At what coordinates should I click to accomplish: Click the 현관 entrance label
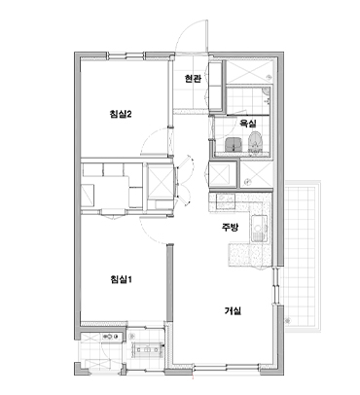click(x=193, y=79)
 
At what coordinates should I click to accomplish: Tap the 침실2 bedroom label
click(x=121, y=114)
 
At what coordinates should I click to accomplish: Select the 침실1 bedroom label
click(x=121, y=279)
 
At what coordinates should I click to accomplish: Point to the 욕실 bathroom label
click(x=248, y=124)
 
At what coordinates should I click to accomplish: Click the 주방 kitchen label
click(x=230, y=228)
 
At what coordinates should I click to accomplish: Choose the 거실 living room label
click(x=233, y=311)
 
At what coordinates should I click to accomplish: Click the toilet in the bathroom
click(x=255, y=143)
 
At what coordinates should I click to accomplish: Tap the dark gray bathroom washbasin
click(x=234, y=144)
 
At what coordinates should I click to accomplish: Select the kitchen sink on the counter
click(x=259, y=229)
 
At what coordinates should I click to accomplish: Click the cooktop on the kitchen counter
click(x=225, y=201)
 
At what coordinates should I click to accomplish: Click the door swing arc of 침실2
click(x=151, y=138)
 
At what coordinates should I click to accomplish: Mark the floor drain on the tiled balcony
click(x=287, y=321)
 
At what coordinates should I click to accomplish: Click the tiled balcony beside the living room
click(x=303, y=256)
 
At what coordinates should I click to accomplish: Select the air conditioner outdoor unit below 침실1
click(x=147, y=350)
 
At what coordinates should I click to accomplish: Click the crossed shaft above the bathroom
click(x=248, y=72)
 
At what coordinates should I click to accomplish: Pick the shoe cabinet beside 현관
click(x=215, y=87)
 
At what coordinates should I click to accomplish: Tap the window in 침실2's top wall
click(x=126, y=55)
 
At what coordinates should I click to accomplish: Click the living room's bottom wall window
click(x=227, y=368)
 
